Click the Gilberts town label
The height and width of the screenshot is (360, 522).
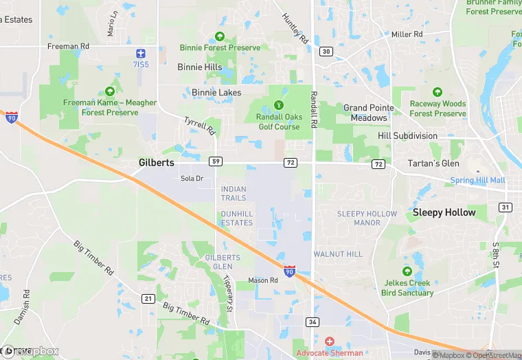click(x=156, y=163)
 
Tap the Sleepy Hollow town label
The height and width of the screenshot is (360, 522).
click(x=444, y=213)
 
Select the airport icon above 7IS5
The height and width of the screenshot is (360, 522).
click(x=140, y=53)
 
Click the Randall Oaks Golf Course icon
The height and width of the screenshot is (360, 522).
click(x=279, y=105)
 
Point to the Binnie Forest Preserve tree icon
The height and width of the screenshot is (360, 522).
click(x=220, y=36)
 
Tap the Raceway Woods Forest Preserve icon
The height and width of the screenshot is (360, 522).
click(x=438, y=92)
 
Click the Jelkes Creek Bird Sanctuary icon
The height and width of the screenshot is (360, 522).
click(x=407, y=271)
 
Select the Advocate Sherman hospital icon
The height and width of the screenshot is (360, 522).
click(x=329, y=341)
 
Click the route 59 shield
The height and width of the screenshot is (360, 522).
click(x=216, y=161)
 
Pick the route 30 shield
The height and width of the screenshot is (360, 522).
click(x=326, y=52)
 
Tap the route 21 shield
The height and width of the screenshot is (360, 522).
click(x=148, y=297)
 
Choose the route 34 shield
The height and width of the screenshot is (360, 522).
click(x=313, y=322)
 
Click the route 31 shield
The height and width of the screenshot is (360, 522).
click(x=506, y=207)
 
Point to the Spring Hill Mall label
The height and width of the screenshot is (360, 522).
click(x=477, y=181)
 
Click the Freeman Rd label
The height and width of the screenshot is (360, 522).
click(x=68, y=46)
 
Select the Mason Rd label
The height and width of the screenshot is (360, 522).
click(x=263, y=280)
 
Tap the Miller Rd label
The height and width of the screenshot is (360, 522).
click(x=407, y=34)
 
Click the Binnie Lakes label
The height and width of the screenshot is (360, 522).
click(x=216, y=92)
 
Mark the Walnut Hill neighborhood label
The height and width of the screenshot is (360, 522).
click(x=338, y=254)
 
